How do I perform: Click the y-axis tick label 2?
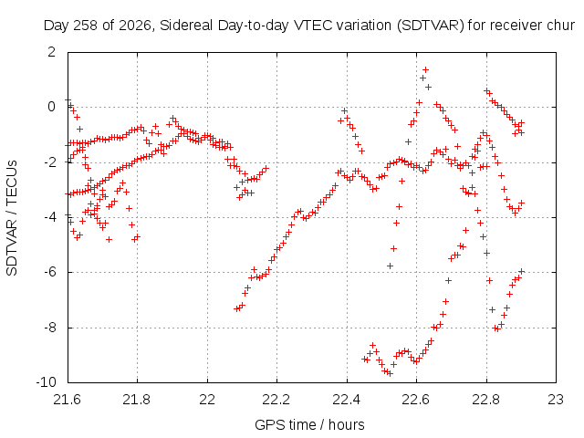click(x=51, y=52)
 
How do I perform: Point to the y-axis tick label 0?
click(x=51, y=107)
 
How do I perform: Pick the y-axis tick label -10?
click(x=46, y=382)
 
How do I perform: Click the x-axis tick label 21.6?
click(x=67, y=400)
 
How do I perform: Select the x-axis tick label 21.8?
click(x=137, y=400)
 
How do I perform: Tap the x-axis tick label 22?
click(x=207, y=400)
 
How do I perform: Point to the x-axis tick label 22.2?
click(x=276, y=400)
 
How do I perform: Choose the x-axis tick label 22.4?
click(x=347, y=400)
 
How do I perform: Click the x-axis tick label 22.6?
click(x=416, y=400)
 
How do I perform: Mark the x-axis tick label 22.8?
click(x=486, y=400)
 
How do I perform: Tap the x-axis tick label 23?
click(x=556, y=400)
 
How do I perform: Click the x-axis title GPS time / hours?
click(x=309, y=425)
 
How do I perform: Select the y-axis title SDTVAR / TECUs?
click(x=12, y=218)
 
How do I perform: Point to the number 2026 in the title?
click(x=132, y=26)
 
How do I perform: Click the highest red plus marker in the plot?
click(x=425, y=69)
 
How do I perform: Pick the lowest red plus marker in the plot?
click(x=390, y=373)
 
